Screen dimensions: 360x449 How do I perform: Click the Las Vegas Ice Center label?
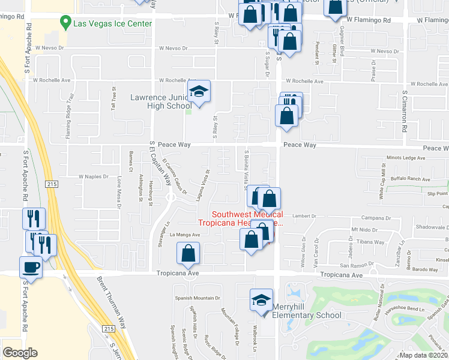pos(112,23)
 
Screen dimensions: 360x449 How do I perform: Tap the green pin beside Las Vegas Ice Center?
pos(65,23)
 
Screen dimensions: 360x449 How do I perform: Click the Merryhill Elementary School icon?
pos(261,299)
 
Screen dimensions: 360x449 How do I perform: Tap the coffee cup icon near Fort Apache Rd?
pos(30,267)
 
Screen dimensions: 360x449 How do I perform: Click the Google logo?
pos(20,353)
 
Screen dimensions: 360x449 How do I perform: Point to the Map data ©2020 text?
pos(423,355)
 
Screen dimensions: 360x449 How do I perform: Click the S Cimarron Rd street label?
pos(405,117)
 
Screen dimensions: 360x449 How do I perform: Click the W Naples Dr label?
pos(93,177)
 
